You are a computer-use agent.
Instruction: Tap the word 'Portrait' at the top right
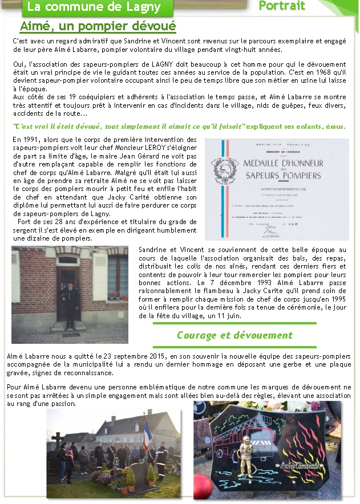pyautogui.click(x=282, y=6)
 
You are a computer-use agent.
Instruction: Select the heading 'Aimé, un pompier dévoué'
pyautogui.click(x=98, y=26)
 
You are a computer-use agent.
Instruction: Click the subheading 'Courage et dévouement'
pyautogui.click(x=234, y=335)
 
